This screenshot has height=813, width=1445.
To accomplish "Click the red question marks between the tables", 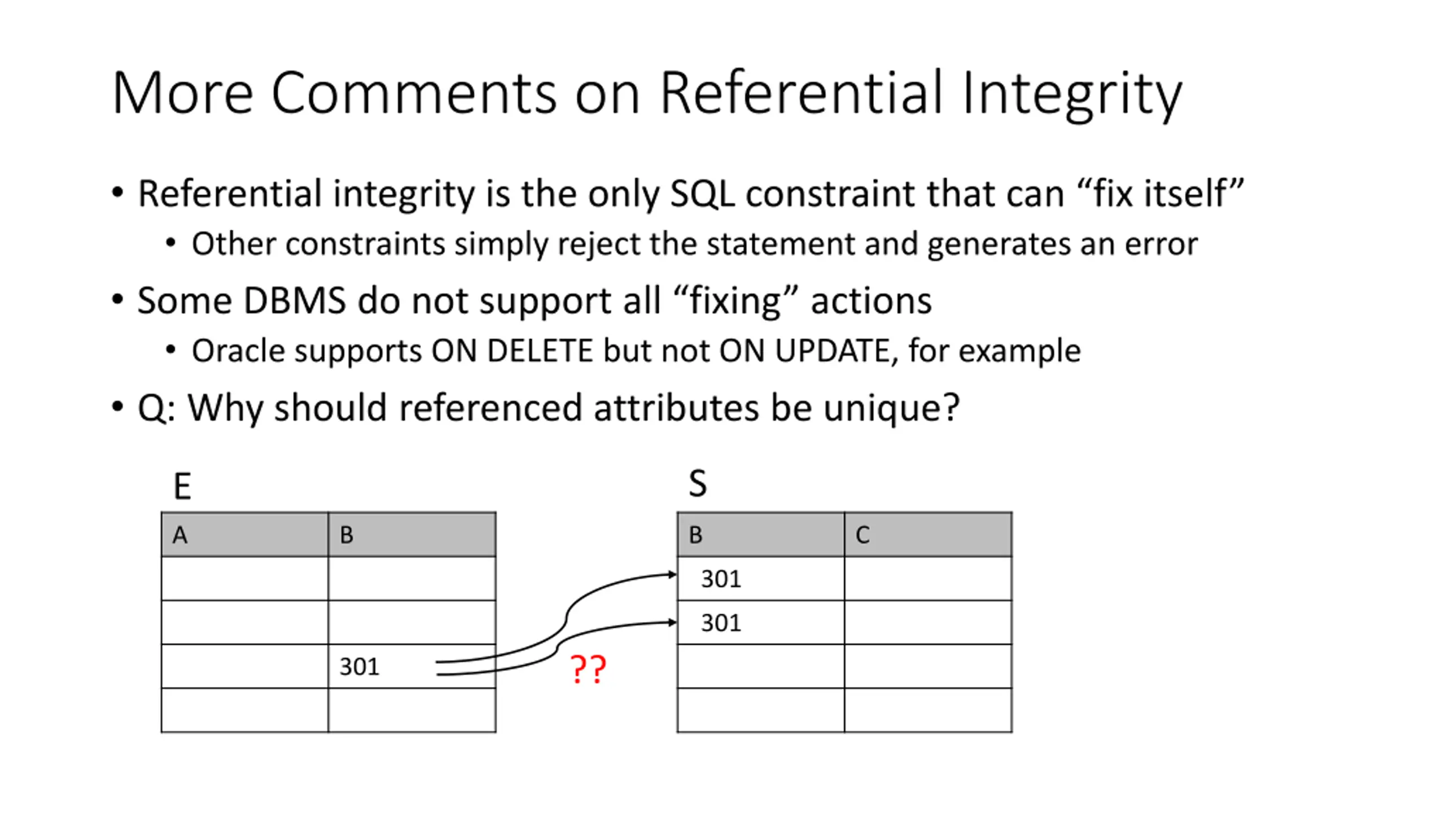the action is (588, 669).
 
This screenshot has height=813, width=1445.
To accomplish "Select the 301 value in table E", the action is (359, 667).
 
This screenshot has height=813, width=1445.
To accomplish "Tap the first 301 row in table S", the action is (721, 579).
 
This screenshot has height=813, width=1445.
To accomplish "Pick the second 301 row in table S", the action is (721, 623).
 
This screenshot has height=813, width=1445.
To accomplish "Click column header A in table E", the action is (180, 535).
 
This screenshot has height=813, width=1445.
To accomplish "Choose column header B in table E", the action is (347, 535).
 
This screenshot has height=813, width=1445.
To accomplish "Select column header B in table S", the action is (695, 535).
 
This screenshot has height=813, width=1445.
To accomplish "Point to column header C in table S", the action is (862, 535).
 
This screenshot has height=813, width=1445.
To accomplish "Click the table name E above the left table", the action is (182, 486).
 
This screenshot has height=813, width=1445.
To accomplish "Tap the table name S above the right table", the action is (698, 484).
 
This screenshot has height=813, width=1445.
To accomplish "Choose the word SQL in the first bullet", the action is (702, 194).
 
